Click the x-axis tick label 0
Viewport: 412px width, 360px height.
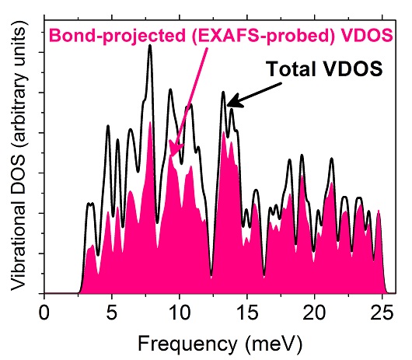pos(44,313)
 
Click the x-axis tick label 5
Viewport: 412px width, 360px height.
pos(112,313)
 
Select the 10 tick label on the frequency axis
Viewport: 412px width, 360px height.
pos(180,313)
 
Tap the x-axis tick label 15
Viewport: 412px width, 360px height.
pos(246,313)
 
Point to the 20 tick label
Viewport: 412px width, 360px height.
pos(314,313)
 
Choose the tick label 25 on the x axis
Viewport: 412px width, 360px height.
pos(382,313)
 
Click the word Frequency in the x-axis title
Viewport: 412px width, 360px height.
pos(187,344)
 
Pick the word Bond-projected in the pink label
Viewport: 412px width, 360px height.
pos(117,36)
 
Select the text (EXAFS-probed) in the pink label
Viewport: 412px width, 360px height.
pos(264,36)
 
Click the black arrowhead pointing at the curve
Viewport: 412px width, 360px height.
pos(235,101)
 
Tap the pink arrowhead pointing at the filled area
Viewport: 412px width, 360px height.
pos(174,149)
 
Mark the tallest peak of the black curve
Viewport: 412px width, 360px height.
pos(150,45)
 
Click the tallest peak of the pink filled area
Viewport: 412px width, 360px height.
pos(150,122)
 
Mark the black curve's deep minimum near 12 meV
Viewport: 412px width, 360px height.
pos(211,275)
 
